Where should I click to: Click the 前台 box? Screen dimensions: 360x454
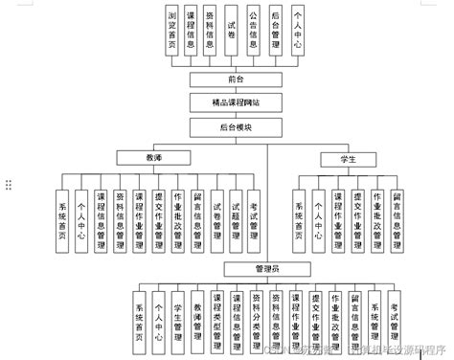coord(227,80)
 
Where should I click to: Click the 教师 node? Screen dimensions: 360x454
coord(154,156)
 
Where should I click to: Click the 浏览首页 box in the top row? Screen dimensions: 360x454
coord(170,30)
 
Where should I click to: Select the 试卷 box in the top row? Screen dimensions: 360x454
coord(232,30)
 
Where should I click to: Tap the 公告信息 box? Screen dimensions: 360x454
coord(253,30)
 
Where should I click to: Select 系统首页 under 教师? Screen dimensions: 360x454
coord(61,219)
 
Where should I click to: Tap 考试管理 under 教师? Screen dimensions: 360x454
coord(253,219)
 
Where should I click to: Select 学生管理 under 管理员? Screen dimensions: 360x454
coord(177,318)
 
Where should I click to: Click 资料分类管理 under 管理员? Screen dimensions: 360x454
coord(254,318)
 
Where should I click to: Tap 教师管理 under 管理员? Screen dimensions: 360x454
coord(196,318)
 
